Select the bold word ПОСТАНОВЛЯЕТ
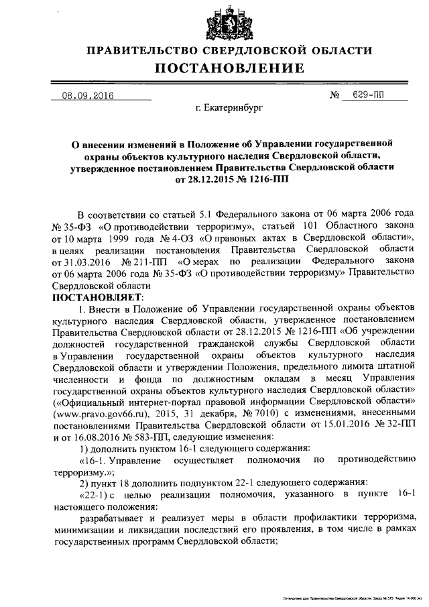93,297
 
